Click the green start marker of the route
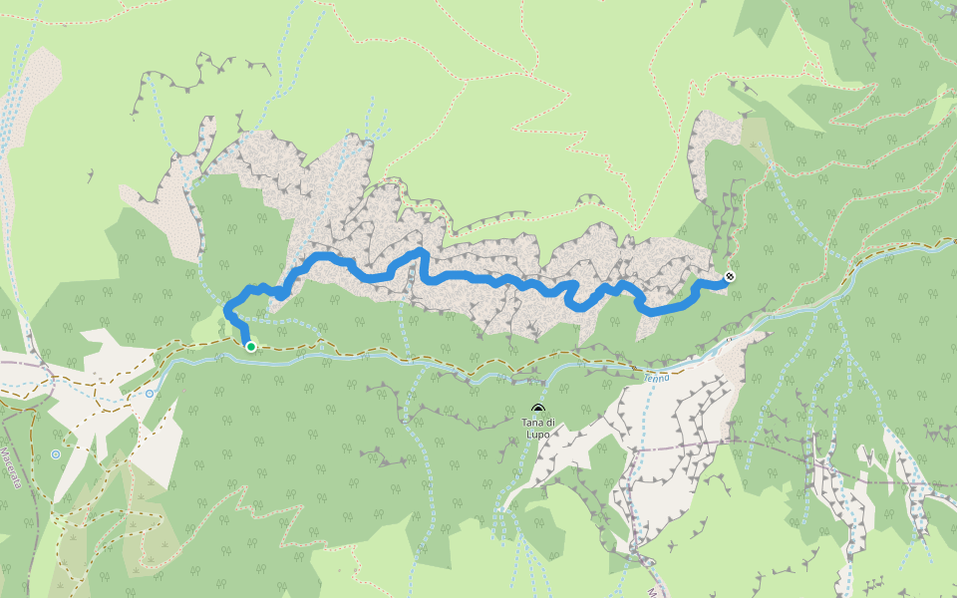coord(250,347)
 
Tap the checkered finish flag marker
coord(730,277)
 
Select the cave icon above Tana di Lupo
coord(538,410)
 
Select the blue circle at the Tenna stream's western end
coord(150,394)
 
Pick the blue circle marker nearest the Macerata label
coord(56,454)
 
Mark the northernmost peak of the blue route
coord(421,251)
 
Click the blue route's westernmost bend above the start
coord(228,307)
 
